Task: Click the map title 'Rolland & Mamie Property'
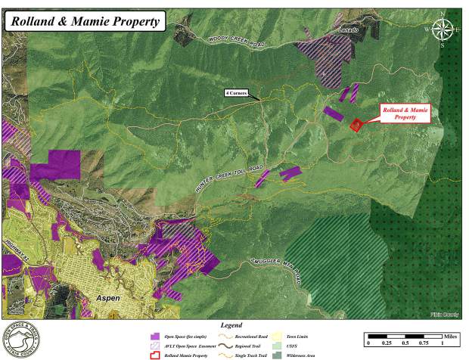85,21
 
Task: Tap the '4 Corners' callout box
236,93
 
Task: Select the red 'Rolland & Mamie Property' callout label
405,113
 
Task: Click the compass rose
443,30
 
